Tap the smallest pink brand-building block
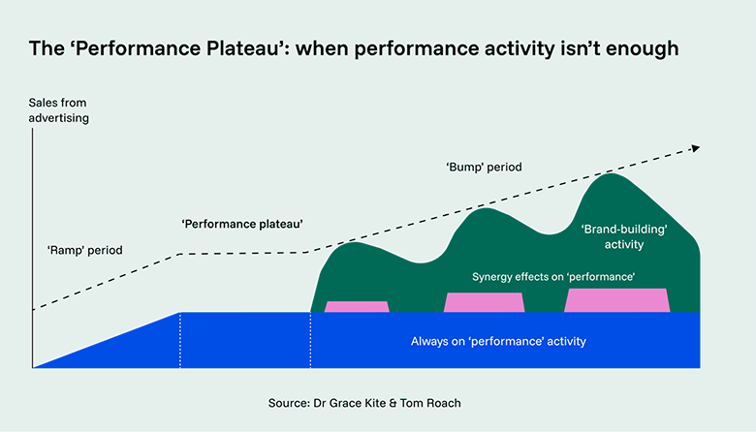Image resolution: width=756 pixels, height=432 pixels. point(357,307)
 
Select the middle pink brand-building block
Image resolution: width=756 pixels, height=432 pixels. point(484,302)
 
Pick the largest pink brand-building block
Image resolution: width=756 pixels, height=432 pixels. point(617,300)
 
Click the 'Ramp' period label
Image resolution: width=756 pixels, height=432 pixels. point(85,250)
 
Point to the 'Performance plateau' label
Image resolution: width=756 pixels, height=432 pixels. point(242,224)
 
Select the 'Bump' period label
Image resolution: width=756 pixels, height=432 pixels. point(484,167)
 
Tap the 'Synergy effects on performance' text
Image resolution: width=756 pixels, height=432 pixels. point(553,277)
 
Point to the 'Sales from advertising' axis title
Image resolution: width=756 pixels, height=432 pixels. point(62,111)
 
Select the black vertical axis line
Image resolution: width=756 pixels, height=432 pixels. point(33,242)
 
